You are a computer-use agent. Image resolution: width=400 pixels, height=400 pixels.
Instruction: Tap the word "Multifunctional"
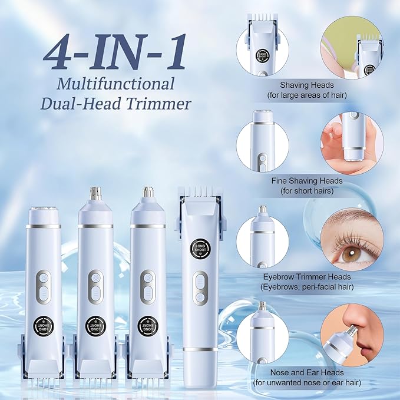[115, 84]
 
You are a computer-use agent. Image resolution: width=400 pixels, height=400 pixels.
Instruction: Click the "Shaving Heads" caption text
[307, 85]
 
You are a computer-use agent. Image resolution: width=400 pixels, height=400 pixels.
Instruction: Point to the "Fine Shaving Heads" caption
[307, 181]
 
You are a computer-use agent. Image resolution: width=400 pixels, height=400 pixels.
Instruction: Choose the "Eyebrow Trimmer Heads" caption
[307, 277]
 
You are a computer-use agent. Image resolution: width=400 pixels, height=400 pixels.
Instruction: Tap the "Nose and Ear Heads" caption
[307, 372]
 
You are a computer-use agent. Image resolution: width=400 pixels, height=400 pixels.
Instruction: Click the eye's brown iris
[351, 253]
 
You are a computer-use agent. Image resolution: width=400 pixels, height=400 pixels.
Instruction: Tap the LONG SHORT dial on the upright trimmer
[200, 248]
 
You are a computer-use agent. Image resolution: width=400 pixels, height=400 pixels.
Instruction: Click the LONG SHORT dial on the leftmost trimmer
[44, 326]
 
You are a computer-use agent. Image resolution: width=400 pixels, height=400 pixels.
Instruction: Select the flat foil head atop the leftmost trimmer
[43, 209]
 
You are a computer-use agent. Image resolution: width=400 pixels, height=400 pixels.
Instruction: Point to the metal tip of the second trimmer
[95, 193]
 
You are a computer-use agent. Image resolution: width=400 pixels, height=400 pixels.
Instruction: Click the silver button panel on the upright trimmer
[200, 288]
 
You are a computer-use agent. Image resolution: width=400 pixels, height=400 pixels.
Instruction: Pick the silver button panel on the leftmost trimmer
[44, 287]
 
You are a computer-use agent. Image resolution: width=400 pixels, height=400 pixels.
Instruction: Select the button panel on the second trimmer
[95, 287]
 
